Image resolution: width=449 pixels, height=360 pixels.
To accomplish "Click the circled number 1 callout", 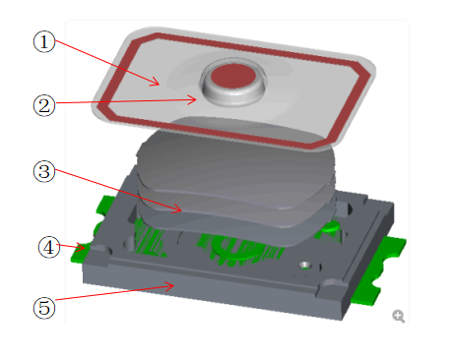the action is tap(44, 41).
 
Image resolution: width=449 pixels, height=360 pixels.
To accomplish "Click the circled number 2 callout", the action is tap(44, 105).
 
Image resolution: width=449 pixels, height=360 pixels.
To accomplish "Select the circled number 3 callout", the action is tap(44, 171).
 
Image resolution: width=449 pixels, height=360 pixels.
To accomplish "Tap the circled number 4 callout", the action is tap(49, 247).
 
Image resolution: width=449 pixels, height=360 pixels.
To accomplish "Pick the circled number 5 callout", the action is tap(44, 308).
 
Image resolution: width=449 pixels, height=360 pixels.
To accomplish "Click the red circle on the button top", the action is tap(233, 76).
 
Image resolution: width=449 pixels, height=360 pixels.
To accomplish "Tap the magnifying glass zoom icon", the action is tap(399, 316).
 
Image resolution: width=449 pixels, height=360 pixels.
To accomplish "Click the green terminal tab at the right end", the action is tap(377, 272).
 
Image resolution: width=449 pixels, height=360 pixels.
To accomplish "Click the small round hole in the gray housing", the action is tap(305, 266).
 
